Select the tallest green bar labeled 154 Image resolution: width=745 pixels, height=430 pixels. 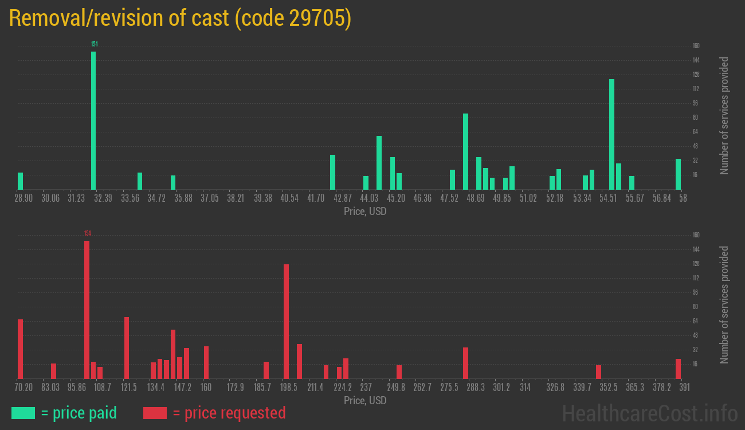click(93, 120)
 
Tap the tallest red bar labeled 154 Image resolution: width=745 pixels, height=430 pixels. click(87, 310)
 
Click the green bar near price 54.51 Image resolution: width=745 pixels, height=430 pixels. click(611, 134)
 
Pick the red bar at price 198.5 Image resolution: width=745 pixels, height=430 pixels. click(286, 321)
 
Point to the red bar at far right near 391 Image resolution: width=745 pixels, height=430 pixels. click(678, 369)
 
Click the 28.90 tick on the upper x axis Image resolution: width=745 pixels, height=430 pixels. click(23, 198)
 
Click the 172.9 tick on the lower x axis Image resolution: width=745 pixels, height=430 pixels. click(236, 387)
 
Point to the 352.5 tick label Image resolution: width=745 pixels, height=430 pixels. click(609, 387)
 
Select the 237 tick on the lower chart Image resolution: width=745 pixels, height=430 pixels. click(366, 387)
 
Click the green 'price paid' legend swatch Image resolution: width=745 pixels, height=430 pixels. click(23, 413)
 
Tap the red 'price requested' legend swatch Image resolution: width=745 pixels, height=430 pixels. click(155, 413)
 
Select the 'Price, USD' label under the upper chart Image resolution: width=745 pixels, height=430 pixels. click(365, 212)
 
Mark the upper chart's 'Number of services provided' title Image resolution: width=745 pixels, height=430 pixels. click(724, 116)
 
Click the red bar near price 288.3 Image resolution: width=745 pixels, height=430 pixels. click(466, 363)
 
